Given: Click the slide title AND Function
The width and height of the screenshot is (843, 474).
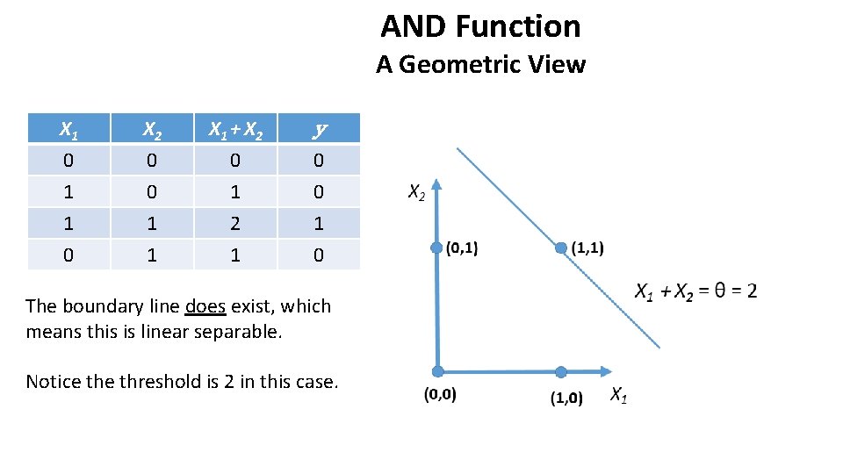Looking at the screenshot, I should click(x=480, y=26).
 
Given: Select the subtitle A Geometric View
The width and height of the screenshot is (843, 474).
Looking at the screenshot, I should click(x=480, y=65).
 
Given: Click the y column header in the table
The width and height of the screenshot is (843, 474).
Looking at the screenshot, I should click(x=319, y=130).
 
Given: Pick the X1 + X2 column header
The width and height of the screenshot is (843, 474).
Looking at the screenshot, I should click(x=234, y=130).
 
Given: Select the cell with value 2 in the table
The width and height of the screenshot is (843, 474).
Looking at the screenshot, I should click(x=234, y=223).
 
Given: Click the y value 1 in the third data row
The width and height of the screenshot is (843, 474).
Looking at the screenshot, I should click(x=319, y=223).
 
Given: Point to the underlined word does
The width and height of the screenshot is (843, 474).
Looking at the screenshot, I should click(x=205, y=306).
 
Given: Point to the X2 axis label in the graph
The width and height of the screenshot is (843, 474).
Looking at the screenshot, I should click(x=416, y=192).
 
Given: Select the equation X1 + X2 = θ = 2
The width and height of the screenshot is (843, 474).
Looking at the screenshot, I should click(x=695, y=291).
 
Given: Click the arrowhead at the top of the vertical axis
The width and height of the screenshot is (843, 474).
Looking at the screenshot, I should click(x=437, y=187).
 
